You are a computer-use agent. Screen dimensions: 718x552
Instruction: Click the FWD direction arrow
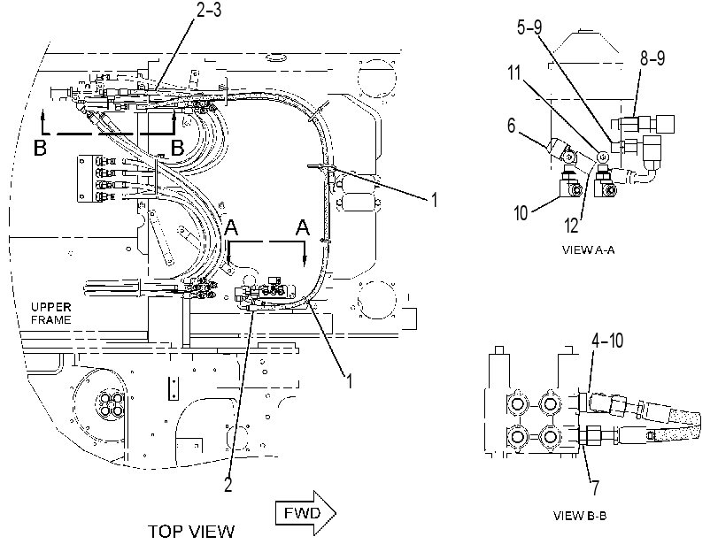click(305, 513)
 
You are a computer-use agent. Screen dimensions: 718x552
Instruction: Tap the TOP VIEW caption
click(191, 532)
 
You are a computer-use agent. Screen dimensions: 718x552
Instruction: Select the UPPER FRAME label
click(50, 313)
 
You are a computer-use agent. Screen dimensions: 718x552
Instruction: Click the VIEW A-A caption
click(588, 250)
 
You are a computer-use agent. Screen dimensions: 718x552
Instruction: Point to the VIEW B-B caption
click(580, 516)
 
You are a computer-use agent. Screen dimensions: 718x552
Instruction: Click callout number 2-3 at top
click(209, 10)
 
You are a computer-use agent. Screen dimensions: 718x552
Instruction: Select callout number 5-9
click(529, 27)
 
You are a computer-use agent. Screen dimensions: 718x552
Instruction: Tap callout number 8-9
click(652, 58)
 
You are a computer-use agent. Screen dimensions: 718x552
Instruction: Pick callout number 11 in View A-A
click(514, 73)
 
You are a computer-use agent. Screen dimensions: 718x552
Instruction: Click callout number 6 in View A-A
click(511, 126)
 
